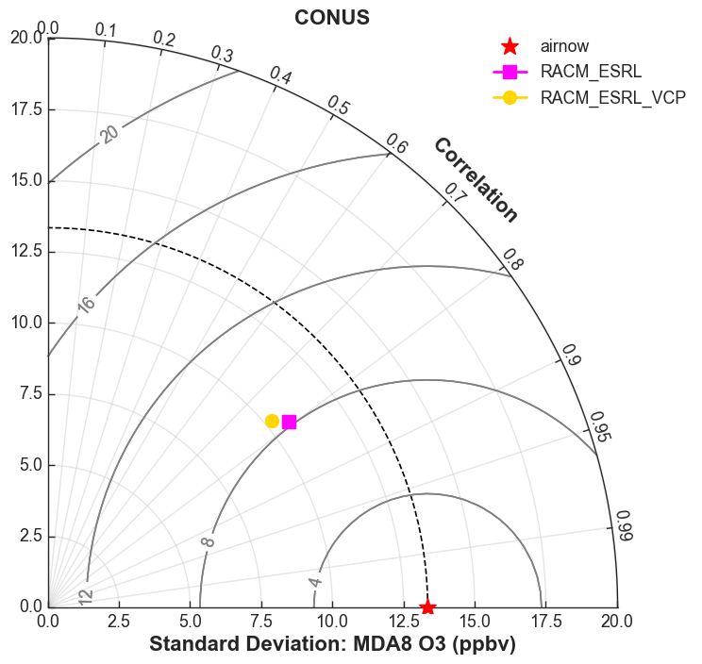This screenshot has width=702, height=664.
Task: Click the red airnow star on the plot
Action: click(427, 607)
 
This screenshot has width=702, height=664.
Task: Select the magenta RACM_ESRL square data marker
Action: click(290, 422)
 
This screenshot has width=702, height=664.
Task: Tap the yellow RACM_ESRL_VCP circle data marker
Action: click(272, 421)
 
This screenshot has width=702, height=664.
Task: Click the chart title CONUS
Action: click(332, 18)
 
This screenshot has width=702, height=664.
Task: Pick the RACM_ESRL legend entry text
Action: click(591, 72)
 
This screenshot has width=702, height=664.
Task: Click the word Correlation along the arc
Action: click(476, 179)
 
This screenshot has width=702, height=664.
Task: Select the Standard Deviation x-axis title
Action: click(332, 644)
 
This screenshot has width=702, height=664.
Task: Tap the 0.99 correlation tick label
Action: click(624, 525)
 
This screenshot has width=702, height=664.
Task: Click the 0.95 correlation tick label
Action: click(599, 427)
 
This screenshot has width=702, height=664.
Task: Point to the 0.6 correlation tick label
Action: click(396, 143)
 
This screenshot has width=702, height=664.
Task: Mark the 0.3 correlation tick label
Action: click(222, 54)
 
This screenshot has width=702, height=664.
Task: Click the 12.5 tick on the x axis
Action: click(404, 621)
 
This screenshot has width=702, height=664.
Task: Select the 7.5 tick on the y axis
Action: click(30, 393)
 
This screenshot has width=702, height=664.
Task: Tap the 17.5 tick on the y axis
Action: click(26, 109)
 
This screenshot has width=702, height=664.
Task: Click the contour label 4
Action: click(315, 582)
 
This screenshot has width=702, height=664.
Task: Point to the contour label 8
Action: click(208, 542)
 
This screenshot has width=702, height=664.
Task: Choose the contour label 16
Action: click(86, 305)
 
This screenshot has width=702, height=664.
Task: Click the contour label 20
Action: click(109, 134)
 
